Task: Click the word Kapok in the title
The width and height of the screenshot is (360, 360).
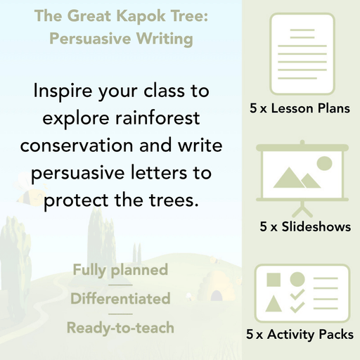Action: (x=124, y=15)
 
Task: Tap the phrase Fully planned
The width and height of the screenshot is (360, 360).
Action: (x=120, y=270)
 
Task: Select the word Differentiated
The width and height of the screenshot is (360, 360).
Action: (x=120, y=298)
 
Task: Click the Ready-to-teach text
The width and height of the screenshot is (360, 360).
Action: (x=120, y=327)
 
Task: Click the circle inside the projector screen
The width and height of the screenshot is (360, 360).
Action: (x=324, y=164)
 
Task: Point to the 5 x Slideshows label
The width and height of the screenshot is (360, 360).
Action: (x=305, y=226)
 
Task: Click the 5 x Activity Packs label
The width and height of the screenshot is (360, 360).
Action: (x=300, y=335)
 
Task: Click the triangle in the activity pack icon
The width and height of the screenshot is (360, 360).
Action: (x=274, y=304)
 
